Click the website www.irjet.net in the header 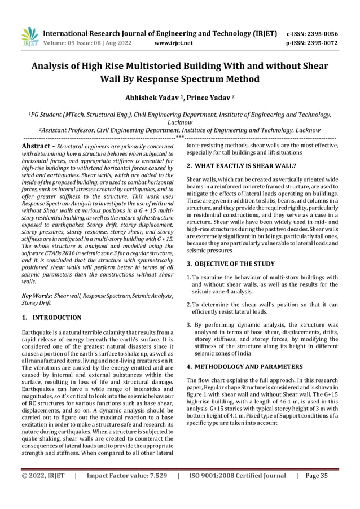[173, 42]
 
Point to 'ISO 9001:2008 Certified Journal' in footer [237, 492]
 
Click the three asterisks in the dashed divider [179, 138]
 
